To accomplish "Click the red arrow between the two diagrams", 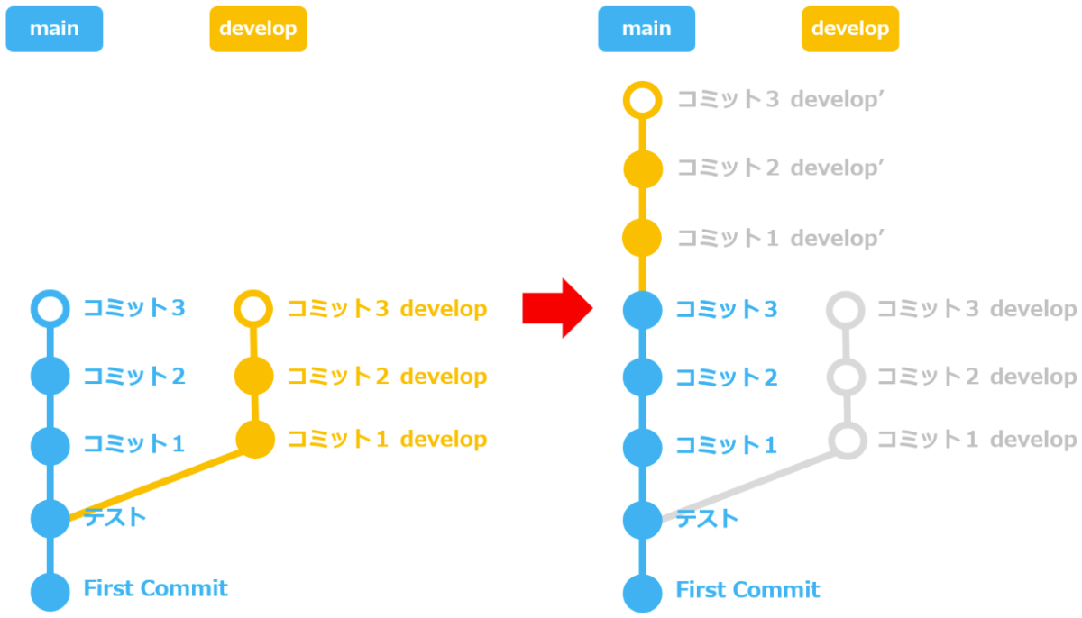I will point(556,309).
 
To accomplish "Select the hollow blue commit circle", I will point(50,308).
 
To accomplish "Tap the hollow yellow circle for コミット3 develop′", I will point(643,99).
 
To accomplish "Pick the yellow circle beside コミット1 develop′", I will point(643,238).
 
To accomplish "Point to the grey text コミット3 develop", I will point(977,309).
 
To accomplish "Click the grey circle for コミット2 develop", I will point(847,376).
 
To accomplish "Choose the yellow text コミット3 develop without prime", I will point(387,309).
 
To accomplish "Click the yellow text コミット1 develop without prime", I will point(387,440).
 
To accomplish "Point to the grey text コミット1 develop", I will point(977,440).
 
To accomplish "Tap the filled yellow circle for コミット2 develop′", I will point(643,168).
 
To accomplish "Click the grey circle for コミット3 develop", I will point(846,309).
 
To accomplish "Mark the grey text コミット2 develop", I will point(977,376).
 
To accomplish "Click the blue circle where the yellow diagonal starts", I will point(50,518).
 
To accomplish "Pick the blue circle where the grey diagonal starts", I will point(643,518).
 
